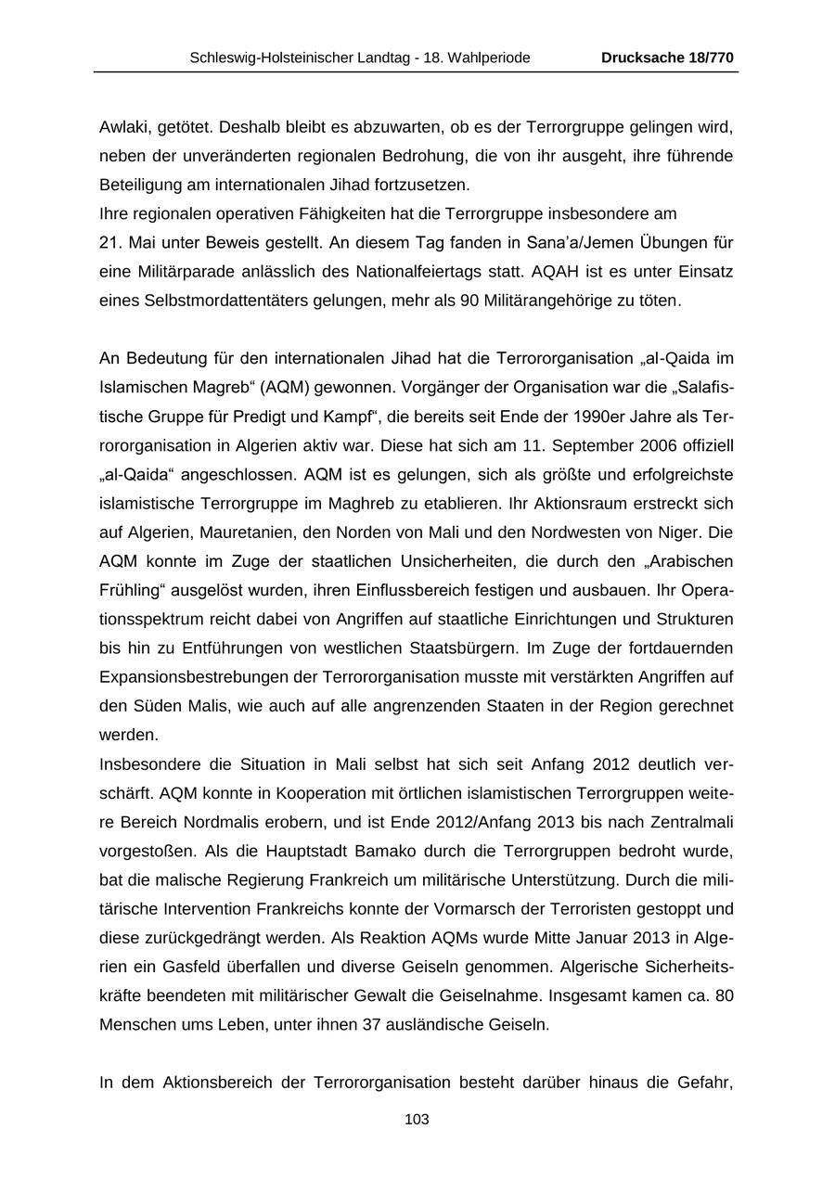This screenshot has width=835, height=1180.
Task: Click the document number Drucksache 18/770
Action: pos(667,58)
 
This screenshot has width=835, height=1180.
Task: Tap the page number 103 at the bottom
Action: pos(417,1120)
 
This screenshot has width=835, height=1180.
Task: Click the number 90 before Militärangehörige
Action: pos(469,301)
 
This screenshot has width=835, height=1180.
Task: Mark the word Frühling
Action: pos(130,590)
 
